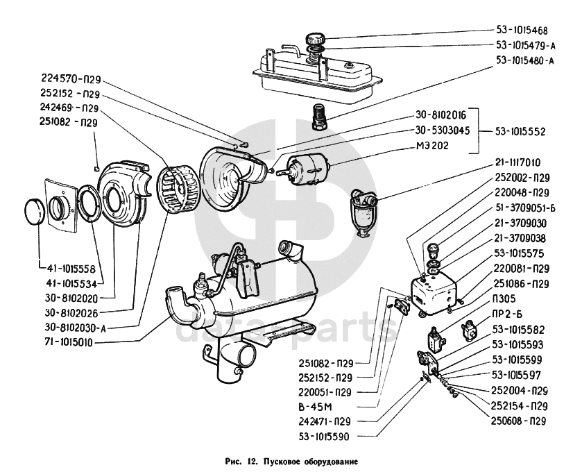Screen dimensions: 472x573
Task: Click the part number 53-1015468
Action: (x=522, y=31)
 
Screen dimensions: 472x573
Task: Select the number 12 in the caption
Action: (x=251, y=461)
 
